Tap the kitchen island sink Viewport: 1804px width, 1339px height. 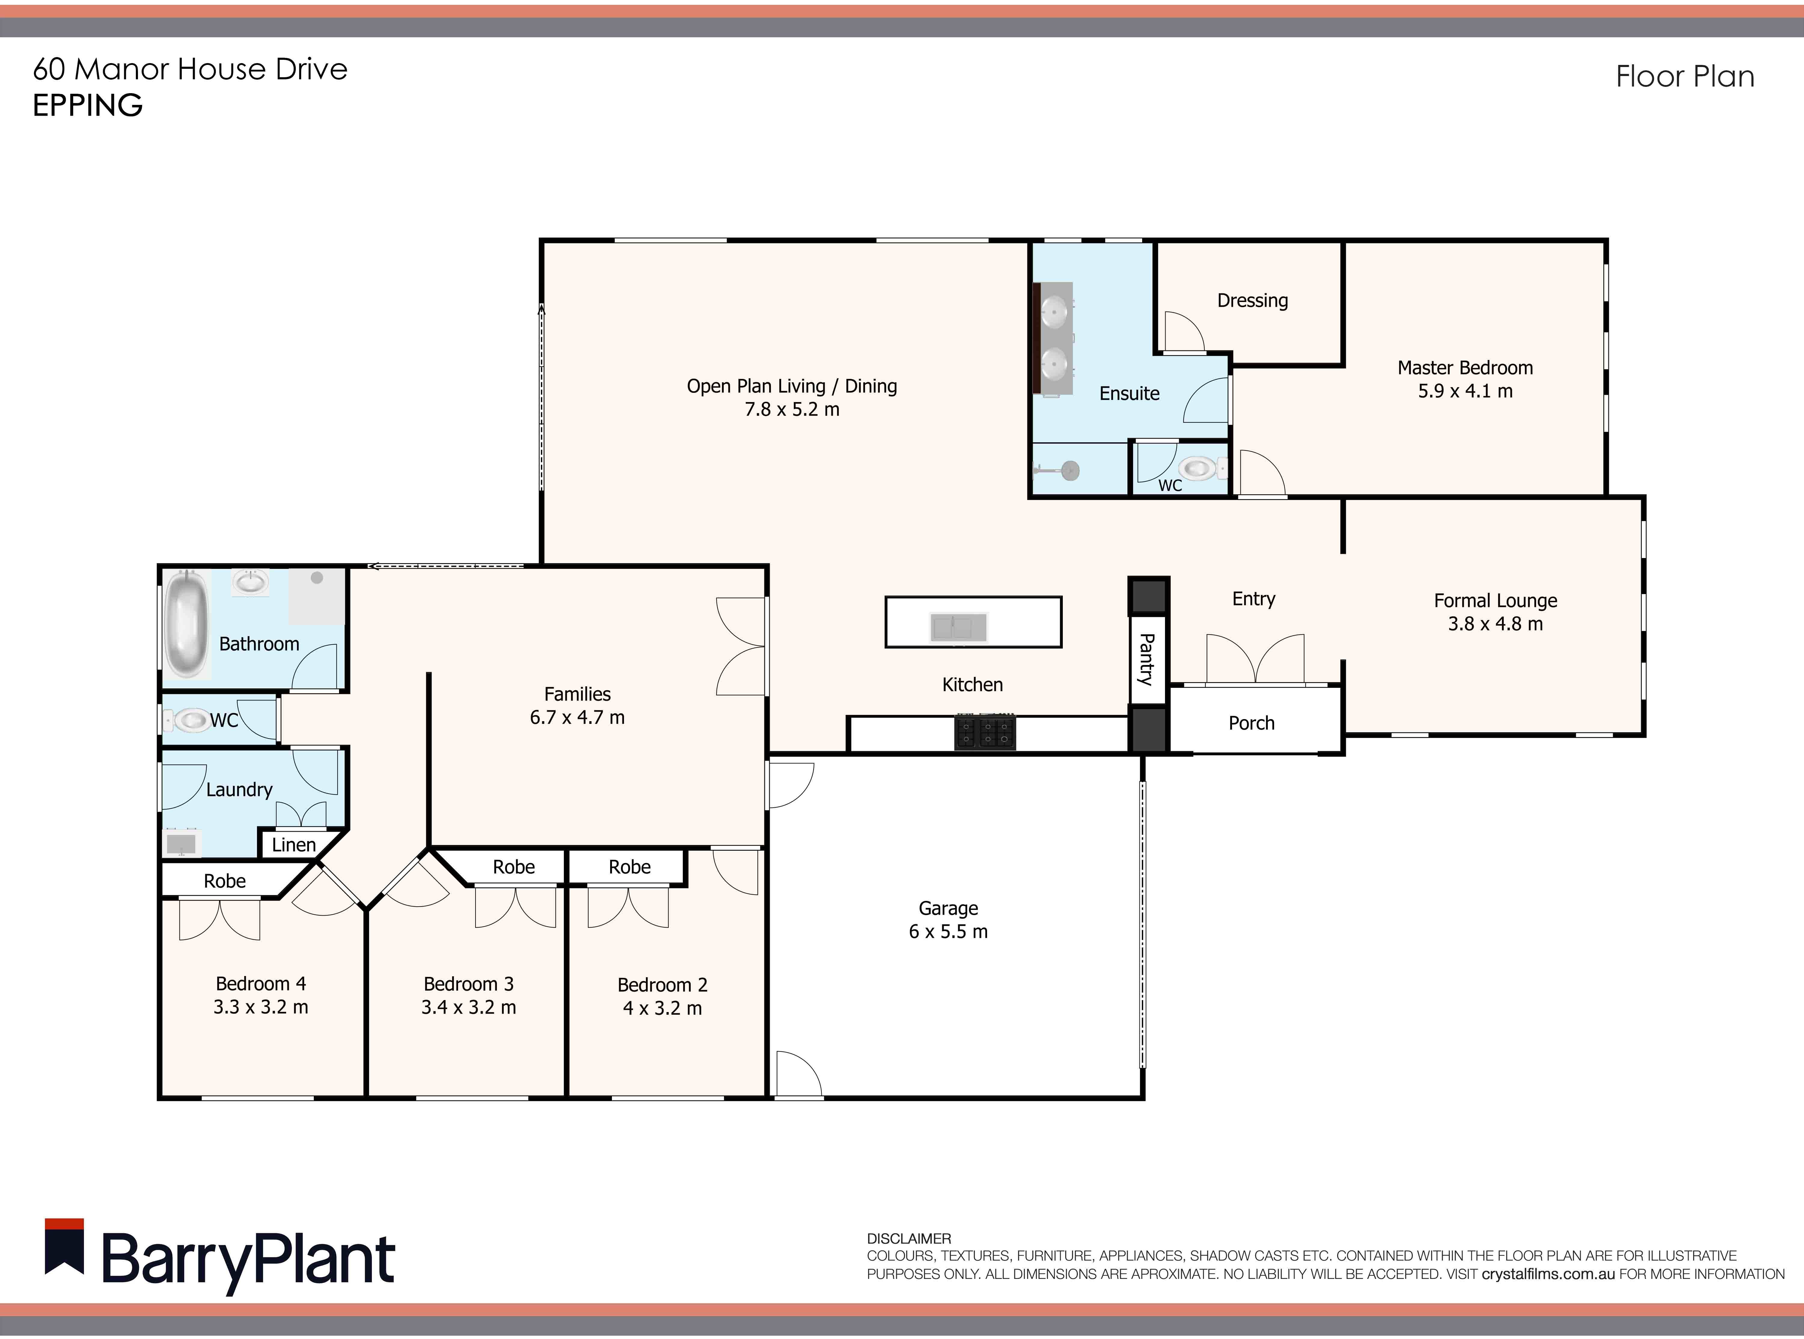(958, 627)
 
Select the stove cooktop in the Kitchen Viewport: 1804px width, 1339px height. (984, 733)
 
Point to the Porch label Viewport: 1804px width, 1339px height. (1251, 723)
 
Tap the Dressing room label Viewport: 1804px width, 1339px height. (1252, 301)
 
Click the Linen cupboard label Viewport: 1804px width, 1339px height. (294, 845)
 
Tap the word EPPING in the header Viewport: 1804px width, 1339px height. (87, 105)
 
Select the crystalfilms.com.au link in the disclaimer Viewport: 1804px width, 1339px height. (1549, 1274)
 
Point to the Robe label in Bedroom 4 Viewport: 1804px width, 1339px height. (225, 881)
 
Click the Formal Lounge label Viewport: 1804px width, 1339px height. (1495, 601)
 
